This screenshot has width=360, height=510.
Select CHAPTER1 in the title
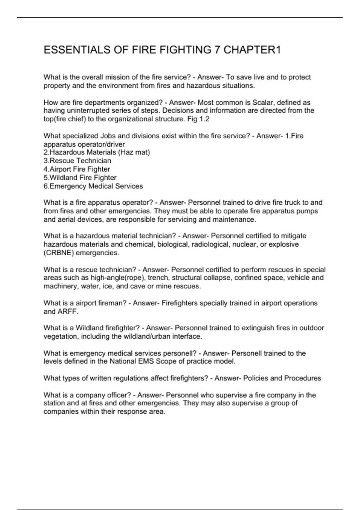(x=252, y=50)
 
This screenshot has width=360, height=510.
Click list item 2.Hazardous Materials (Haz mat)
(x=97, y=152)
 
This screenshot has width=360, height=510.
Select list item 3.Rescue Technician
(x=77, y=161)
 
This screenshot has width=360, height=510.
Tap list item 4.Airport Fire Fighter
(x=77, y=169)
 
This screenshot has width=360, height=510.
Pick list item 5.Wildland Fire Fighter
(x=80, y=178)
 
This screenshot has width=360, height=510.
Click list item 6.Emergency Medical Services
(x=93, y=186)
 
